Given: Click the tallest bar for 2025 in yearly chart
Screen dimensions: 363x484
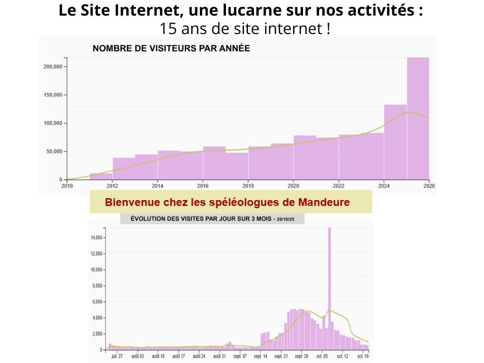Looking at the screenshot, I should pyautogui.click(x=418, y=118).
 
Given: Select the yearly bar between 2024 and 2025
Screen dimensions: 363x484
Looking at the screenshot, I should pyautogui.click(x=395, y=142).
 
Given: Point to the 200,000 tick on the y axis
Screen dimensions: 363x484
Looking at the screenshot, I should pyautogui.click(x=53, y=67).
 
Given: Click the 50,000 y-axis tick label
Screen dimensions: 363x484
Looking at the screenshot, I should pyautogui.click(x=54, y=152).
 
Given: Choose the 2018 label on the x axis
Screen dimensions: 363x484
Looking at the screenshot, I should pyautogui.click(x=248, y=186).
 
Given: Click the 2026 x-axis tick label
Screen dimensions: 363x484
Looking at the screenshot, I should pyautogui.click(x=429, y=186).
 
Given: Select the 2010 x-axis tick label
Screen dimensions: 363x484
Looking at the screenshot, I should pyautogui.click(x=67, y=186).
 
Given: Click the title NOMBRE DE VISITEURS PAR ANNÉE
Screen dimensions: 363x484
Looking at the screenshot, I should pyautogui.click(x=171, y=48).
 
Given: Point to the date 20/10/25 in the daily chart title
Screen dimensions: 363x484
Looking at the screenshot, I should pyautogui.click(x=285, y=220).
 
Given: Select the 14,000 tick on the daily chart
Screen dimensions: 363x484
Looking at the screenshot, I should pyautogui.click(x=97, y=237).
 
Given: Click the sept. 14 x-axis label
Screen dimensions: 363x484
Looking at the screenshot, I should pyautogui.click(x=261, y=356).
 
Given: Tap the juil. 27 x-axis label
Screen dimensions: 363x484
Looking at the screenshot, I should pyautogui.click(x=117, y=356).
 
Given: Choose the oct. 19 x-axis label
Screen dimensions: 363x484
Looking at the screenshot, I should pyautogui.click(x=363, y=356).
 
